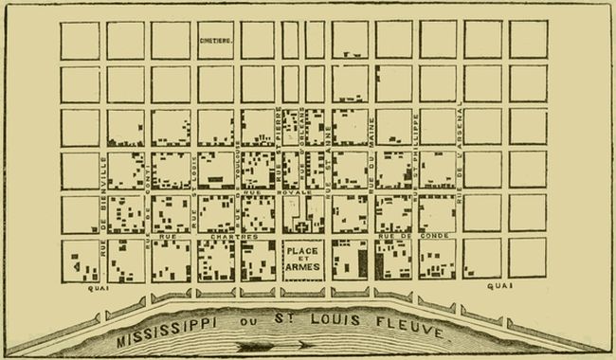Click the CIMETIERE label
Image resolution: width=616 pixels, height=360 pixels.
click(x=217, y=41)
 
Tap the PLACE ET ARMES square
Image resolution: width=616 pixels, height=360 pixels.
click(x=303, y=259)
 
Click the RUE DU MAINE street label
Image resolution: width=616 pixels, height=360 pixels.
click(x=371, y=156)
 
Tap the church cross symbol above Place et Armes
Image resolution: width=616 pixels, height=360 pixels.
click(x=303, y=227)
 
